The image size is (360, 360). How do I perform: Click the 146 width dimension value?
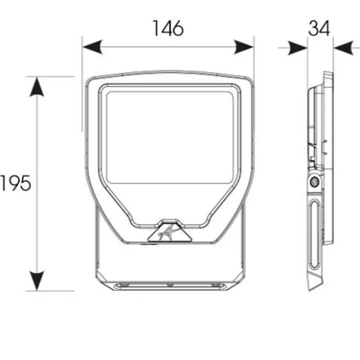168,28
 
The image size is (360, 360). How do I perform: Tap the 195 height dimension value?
16,183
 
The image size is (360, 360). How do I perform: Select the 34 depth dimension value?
319,28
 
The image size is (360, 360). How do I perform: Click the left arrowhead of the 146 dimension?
92,47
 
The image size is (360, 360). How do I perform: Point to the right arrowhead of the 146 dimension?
244,47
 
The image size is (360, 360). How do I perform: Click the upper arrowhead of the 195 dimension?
37,87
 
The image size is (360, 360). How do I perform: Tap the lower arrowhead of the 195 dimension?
37,281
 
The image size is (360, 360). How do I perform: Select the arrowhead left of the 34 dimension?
298,48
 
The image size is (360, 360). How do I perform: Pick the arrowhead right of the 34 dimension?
343,48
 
